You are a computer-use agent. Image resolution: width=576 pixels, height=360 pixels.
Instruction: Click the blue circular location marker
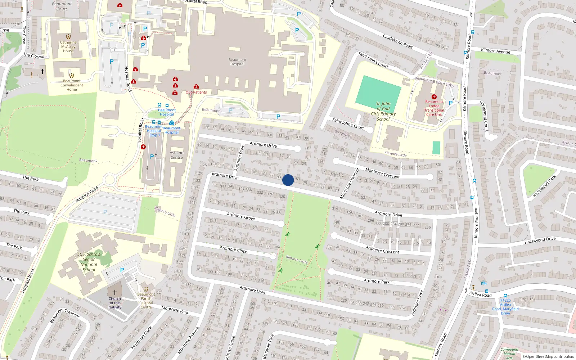[288, 180]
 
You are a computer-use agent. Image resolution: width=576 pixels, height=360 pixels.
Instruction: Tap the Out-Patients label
[196, 92]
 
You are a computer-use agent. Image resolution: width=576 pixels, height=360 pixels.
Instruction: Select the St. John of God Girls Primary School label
[383, 111]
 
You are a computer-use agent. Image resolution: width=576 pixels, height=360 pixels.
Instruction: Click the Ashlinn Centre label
[176, 155]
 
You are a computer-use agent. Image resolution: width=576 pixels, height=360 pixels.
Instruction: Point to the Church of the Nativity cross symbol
[115, 293]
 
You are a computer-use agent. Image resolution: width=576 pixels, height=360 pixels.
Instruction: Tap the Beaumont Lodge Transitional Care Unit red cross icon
[434, 97]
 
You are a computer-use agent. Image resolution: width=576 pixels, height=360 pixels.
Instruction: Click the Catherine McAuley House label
[68, 47]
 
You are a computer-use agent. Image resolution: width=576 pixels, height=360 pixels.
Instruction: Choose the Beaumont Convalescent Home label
[72, 85]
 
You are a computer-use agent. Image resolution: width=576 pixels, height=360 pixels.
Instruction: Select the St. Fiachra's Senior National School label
[89, 262]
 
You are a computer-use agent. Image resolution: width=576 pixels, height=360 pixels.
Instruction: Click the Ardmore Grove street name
[241, 216]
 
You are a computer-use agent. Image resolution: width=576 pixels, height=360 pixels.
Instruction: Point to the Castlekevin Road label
[397, 41]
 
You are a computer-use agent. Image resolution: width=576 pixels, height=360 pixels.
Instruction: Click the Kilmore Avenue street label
[495, 51]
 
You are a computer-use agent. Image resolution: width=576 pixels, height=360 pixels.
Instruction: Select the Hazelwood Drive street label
[540, 240]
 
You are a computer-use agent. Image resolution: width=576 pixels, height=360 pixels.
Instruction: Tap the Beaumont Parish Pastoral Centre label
[146, 301]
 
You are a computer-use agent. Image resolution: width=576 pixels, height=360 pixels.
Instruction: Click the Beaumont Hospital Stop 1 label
[154, 131]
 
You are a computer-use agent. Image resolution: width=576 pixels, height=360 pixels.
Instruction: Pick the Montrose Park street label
[175, 310]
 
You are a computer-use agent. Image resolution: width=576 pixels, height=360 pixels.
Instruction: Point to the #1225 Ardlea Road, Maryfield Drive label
[505, 306]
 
